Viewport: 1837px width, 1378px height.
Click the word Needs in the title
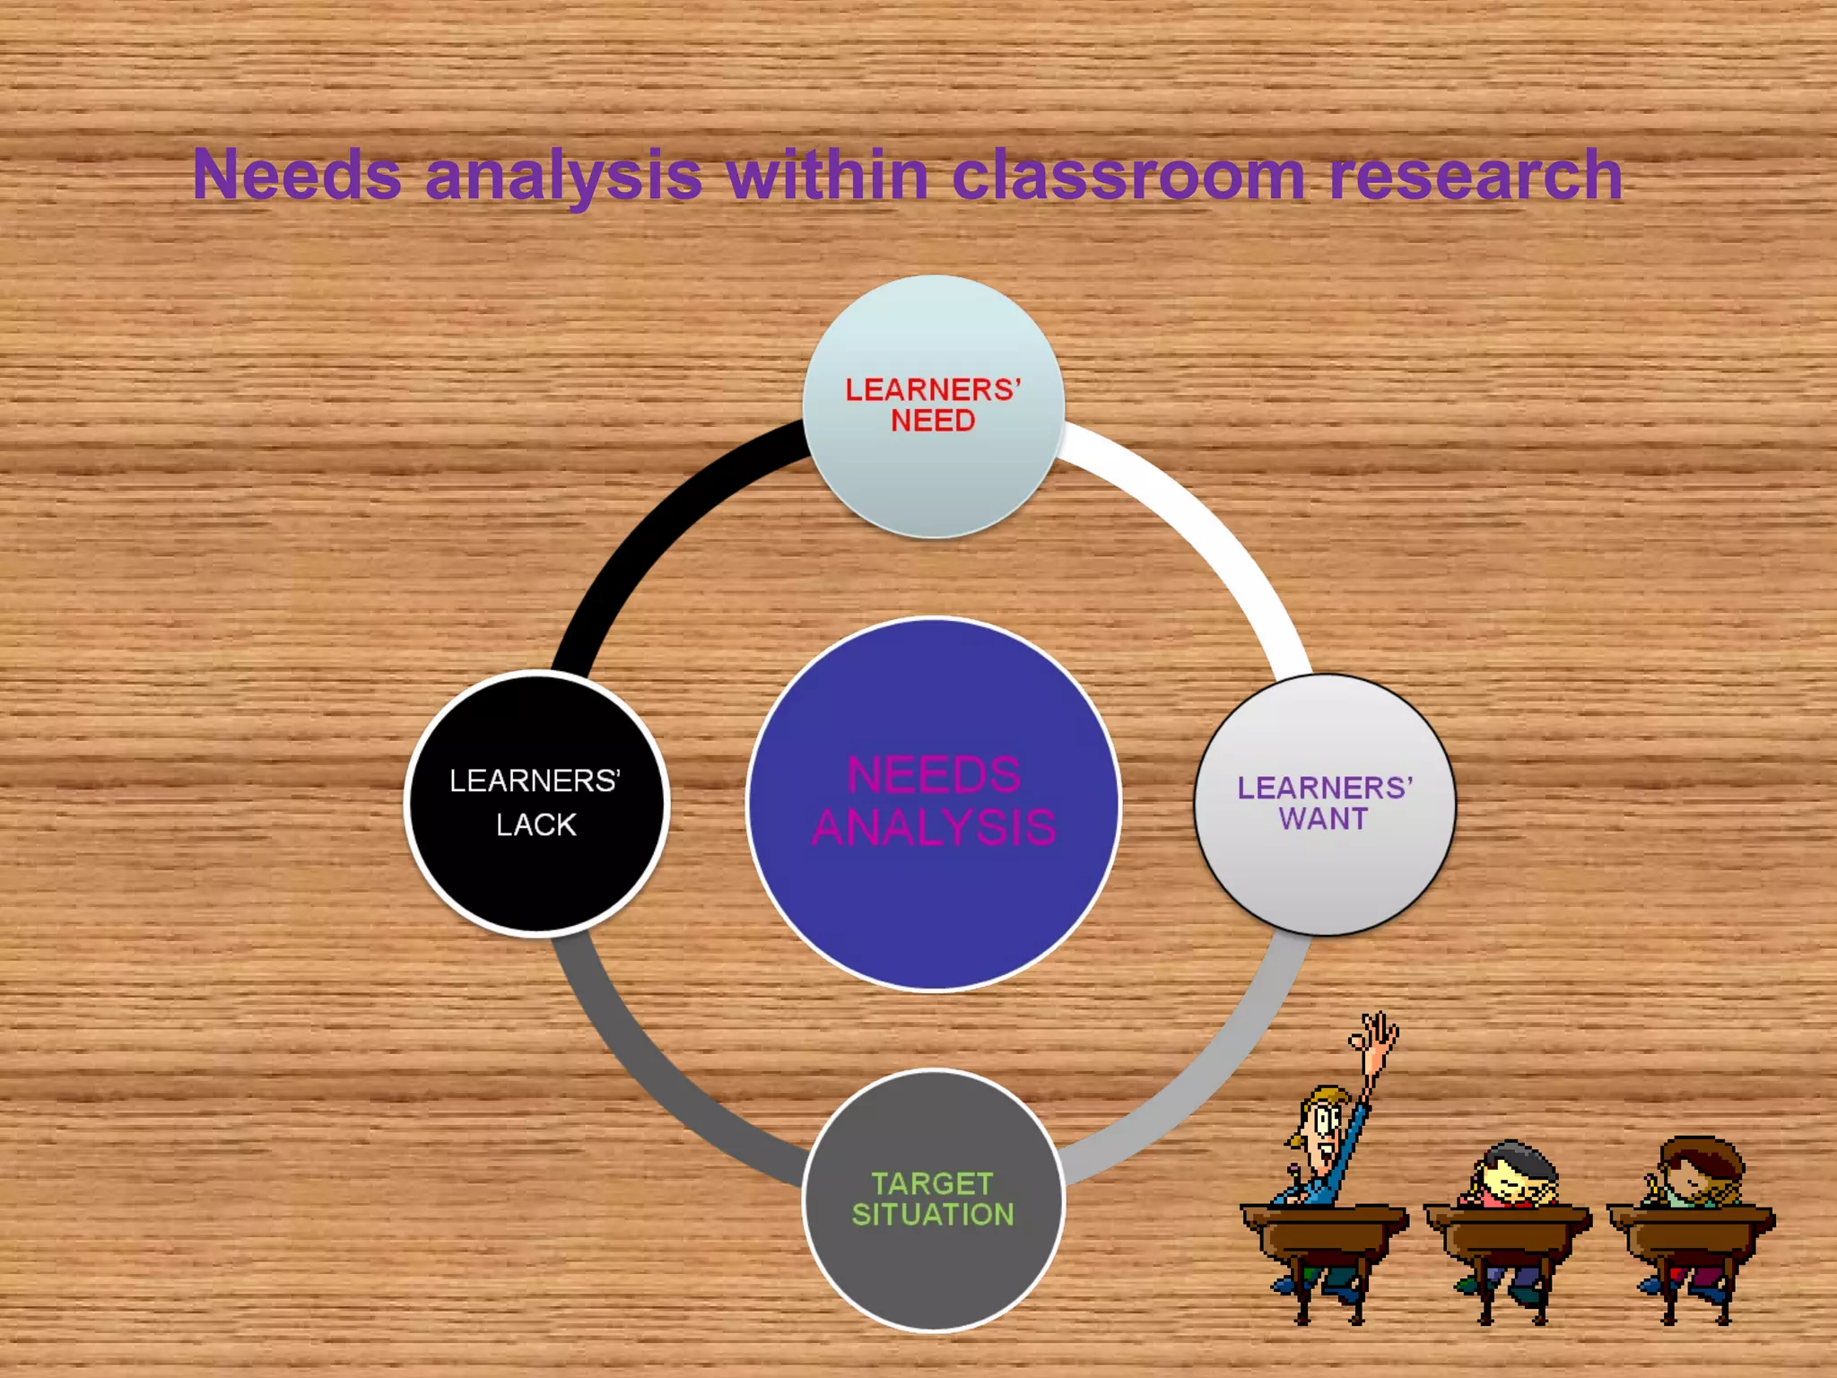(297, 174)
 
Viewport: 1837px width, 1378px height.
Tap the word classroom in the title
(1127, 174)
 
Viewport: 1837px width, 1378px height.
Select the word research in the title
(1476, 174)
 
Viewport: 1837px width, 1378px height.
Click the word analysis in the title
(563, 174)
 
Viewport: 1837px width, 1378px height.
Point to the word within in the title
(827, 174)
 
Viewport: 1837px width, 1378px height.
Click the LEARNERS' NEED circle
(933, 467)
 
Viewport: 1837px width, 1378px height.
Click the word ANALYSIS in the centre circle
(934, 827)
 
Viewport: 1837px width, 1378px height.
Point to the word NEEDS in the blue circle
(934, 775)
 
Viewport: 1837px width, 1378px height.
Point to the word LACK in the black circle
(536, 824)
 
